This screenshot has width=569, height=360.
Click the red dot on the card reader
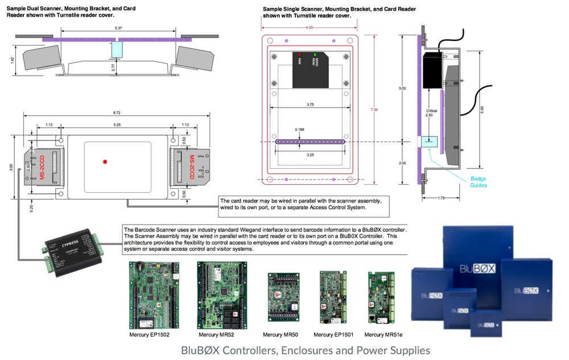pos(105,162)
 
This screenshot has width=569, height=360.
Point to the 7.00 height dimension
pos(374,110)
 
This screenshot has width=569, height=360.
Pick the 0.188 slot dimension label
pos(299,130)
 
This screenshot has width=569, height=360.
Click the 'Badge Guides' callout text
pos(479,182)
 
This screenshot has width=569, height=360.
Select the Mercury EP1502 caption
pos(150,335)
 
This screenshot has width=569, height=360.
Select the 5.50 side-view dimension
pos(482,110)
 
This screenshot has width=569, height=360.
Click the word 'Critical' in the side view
pos(431,110)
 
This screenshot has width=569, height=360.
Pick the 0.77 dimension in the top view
pos(113,67)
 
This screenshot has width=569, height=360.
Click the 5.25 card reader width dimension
pos(117,125)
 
